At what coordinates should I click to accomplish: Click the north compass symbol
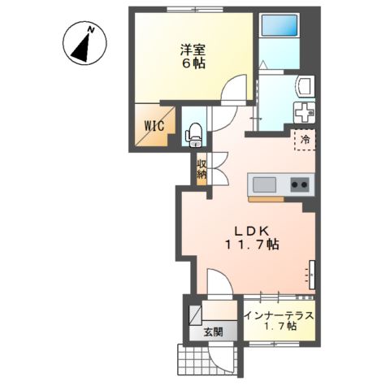pyautogui.click(x=82, y=45)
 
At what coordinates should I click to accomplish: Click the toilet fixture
pyautogui.click(x=194, y=134)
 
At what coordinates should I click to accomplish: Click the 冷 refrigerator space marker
pyautogui.click(x=305, y=140)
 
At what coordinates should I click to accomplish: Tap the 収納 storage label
pyautogui.click(x=201, y=169)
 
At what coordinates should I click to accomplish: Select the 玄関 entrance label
pyautogui.click(x=214, y=331)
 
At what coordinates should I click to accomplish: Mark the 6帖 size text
pyautogui.click(x=193, y=65)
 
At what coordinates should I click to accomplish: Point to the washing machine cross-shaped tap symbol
pyautogui.click(x=304, y=112)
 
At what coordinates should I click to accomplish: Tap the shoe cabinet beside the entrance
pyautogui.click(x=197, y=314)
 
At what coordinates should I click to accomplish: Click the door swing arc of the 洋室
pyautogui.click(x=234, y=89)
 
